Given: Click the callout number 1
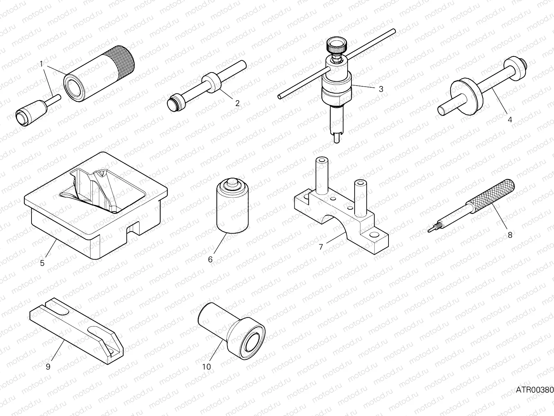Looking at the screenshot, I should tap(41, 64).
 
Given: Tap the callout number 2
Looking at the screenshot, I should tap(237, 103).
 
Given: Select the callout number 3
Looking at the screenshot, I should tap(381, 89).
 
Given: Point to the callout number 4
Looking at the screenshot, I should tap(510, 120).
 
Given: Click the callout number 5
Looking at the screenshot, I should tap(42, 263).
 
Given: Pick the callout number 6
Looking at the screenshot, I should tap(210, 259).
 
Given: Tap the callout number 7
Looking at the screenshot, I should tap(321, 247).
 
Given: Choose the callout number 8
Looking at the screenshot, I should tap(510, 235).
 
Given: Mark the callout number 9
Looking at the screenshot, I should tap(48, 366).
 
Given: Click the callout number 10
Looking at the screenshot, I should tap(206, 366).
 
